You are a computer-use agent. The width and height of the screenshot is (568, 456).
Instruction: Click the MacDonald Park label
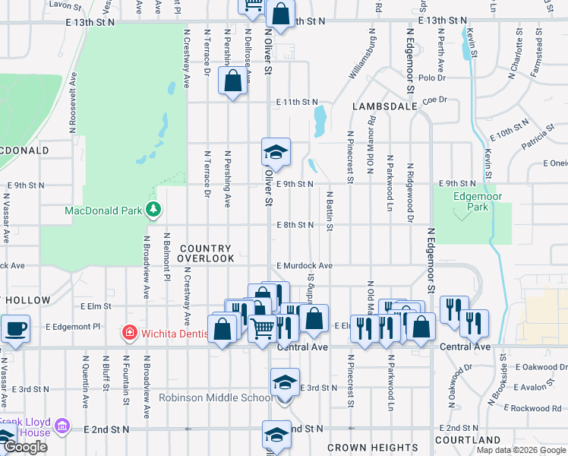point(105,209)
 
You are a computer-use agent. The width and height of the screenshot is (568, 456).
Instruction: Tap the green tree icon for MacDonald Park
point(154,209)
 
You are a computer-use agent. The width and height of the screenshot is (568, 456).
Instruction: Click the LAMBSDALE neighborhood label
point(385,107)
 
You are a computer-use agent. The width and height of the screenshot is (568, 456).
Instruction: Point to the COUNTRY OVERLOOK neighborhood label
point(207,254)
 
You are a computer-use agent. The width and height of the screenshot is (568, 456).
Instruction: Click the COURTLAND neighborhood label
point(469,440)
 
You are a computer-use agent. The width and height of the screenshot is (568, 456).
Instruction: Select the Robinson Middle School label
point(216,397)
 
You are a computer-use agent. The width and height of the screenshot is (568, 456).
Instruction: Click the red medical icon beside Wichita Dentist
point(129,332)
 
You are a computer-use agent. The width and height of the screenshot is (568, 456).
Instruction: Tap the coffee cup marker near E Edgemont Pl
point(15,329)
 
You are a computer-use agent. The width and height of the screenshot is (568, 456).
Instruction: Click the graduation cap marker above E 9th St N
point(276,152)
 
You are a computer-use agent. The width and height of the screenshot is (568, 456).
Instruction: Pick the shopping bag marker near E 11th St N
point(233,81)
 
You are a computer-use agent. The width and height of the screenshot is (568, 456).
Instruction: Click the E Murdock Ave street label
point(305,266)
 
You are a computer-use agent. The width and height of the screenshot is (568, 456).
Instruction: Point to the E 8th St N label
point(295,225)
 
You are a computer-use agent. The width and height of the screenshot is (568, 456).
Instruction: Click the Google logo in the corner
point(25,447)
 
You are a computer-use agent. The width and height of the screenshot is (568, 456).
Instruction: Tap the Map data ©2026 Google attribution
point(521,450)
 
